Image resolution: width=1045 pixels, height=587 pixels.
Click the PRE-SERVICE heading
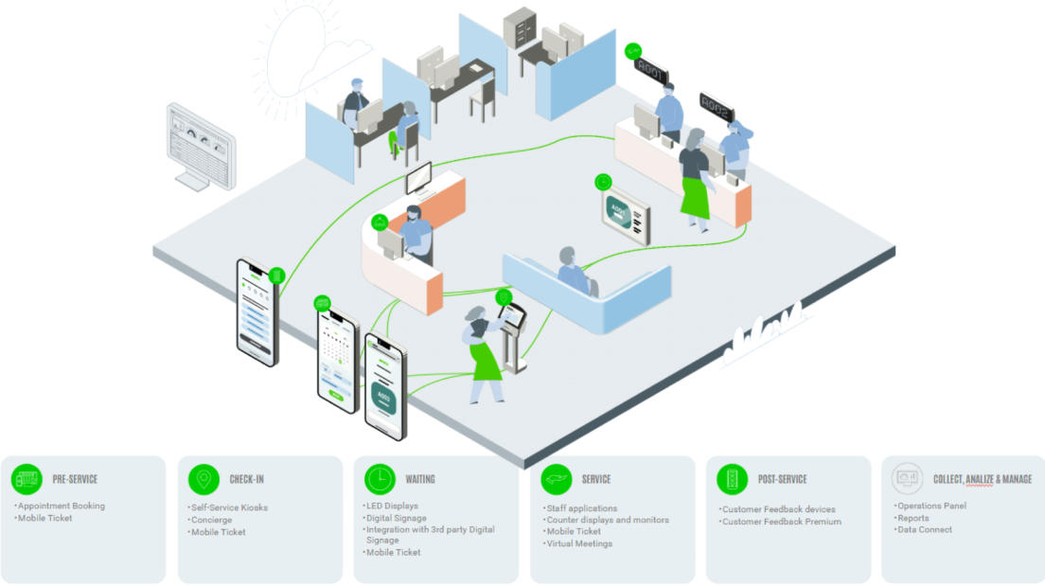pyautogui.click(x=75, y=479)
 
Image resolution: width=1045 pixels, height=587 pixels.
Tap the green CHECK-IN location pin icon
pyautogui.click(x=203, y=479)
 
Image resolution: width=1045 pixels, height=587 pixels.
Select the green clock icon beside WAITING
pyautogui.click(x=380, y=479)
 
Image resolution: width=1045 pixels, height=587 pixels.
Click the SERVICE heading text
pyautogui.click(x=596, y=479)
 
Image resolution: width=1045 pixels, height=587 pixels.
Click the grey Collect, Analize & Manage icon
pyautogui.click(x=907, y=479)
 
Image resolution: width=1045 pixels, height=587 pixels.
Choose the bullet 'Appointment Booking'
pyautogui.click(x=62, y=506)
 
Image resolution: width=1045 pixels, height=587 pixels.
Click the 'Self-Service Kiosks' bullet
pyautogui.click(x=229, y=507)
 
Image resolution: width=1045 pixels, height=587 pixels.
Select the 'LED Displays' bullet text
pyautogui.click(x=392, y=506)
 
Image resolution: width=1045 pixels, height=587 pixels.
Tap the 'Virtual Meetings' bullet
pyautogui.click(x=579, y=543)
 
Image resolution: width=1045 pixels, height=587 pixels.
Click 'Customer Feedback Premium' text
pyautogui.click(x=782, y=522)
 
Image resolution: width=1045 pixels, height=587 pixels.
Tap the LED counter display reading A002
pyautogui.click(x=717, y=108)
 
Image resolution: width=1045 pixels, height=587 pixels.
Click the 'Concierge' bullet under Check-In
pyautogui.click(x=212, y=520)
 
